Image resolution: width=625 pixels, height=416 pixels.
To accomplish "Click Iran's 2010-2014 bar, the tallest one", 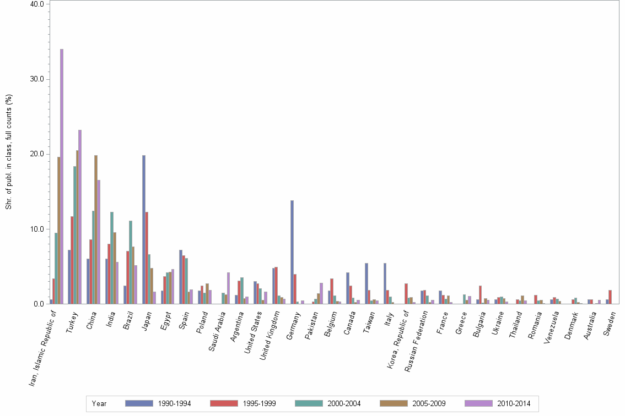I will [x=62, y=176].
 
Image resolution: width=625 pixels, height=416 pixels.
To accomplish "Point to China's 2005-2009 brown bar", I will [x=96, y=229].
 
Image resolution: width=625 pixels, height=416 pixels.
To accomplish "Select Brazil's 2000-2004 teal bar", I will [x=131, y=262].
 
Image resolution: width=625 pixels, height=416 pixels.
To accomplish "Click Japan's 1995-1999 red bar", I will [x=147, y=258].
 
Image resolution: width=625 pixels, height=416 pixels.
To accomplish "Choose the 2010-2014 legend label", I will [x=514, y=404].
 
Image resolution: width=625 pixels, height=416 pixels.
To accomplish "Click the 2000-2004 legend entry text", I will [x=344, y=404].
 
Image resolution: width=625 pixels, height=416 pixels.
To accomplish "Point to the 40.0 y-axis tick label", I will [x=37, y=4].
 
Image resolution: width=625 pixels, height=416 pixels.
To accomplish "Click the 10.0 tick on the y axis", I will [x=37, y=229].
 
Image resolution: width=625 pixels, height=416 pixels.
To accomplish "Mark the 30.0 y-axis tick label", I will [x=37, y=79].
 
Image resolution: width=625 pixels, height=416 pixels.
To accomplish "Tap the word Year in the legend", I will [x=99, y=404].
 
